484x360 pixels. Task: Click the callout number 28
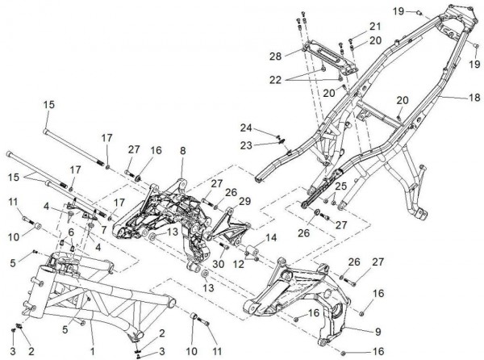pos(277,57)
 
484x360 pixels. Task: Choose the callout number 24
pos(246,127)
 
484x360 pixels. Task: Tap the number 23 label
pos(246,144)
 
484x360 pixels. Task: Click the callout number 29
pos(244,200)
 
